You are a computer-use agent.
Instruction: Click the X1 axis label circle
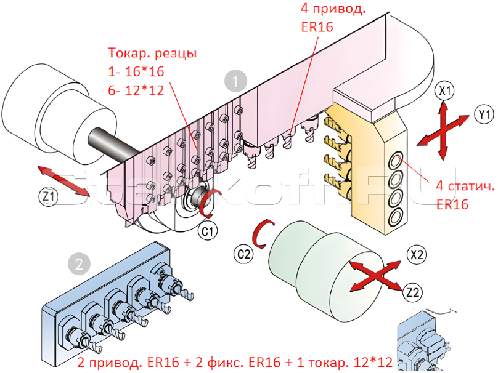pyautogui.click(x=444, y=92)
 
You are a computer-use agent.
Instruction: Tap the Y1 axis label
pyautogui.click(x=484, y=114)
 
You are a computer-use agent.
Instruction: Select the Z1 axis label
pyautogui.click(x=48, y=196)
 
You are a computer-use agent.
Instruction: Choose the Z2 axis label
pyautogui.click(x=414, y=291)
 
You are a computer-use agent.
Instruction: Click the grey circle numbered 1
pyautogui.click(x=235, y=80)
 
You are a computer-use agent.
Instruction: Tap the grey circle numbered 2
pyautogui.click(x=78, y=265)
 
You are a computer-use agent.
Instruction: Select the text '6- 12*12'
pyautogui.click(x=135, y=90)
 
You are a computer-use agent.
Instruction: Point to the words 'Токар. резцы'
pyautogui.click(x=152, y=53)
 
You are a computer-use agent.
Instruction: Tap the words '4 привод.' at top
pyautogui.click(x=332, y=9)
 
